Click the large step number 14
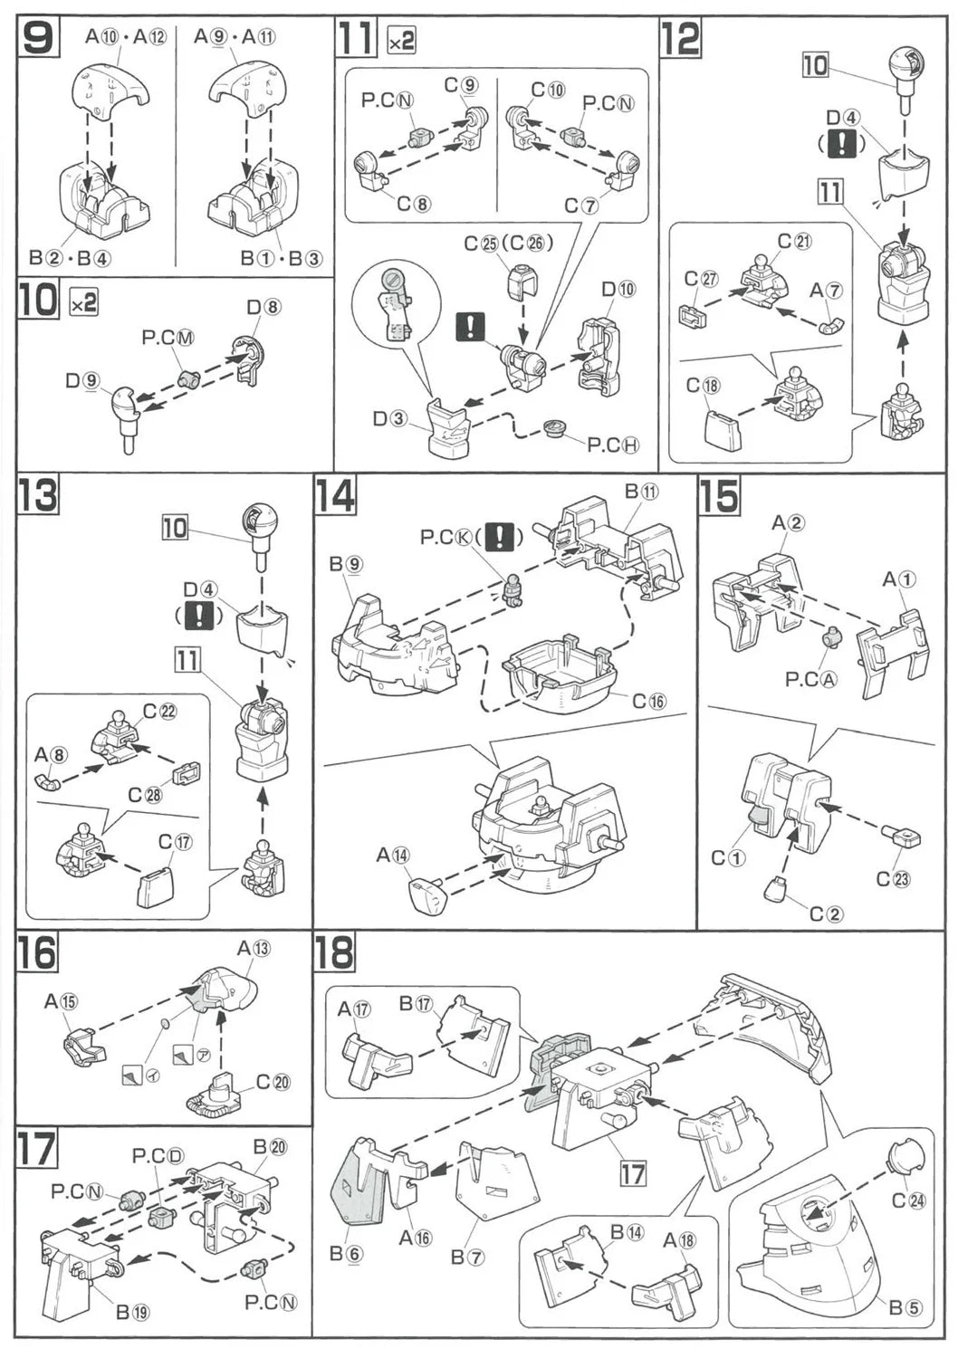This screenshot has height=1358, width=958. [335, 496]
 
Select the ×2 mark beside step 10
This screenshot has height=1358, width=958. [83, 304]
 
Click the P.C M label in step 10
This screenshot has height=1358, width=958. [168, 338]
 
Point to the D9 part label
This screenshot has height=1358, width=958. [81, 380]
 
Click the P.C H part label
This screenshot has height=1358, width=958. [613, 445]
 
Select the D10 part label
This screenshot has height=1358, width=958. [618, 289]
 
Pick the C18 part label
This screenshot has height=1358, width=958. [704, 386]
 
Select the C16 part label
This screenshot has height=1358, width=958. [648, 700]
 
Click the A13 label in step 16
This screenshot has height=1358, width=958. [254, 948]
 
